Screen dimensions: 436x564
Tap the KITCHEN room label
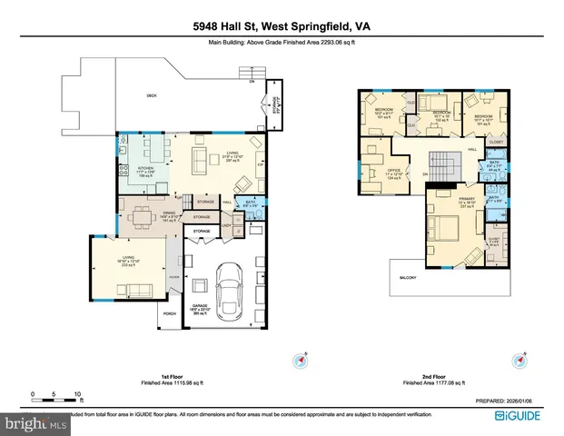pyautogui.click(x=146, y=169)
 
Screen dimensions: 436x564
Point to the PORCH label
pyautogui.click(x=169, y=314)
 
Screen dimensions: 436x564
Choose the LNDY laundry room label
pyautogui.click(x=225, y=223)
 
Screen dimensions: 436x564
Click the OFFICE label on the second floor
pyautogui.click(x=394, y=171)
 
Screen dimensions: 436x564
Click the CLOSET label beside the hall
pyautogui.click(x=496, y=143)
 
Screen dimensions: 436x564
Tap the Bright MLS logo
pyautogui.click(x=36, y=422)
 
